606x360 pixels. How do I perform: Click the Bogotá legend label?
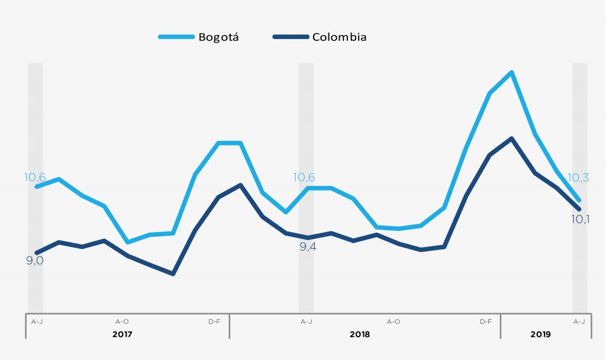(x=218, y=37)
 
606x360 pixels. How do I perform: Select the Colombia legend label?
(x=339, y=37)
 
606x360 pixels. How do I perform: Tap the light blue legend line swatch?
(x=176, y=37)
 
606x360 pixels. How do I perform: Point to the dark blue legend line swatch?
(x=291, y=37)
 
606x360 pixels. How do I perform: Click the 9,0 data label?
(x=35, y=260)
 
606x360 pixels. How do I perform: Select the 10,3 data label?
(x=578, y=178)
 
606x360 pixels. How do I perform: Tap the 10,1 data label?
(x=579, y=219)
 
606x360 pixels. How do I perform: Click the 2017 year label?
(x=123, y=334)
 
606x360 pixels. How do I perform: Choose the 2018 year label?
(x=360, y=334)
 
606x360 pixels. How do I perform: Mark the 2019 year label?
(x=541, y=334)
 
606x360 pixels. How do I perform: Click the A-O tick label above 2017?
(x=122, y=322)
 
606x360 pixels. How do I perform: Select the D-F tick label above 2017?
(x=214, y=322)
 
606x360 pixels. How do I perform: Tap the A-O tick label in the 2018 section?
(x=394, y=322)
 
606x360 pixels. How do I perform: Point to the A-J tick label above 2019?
(x=579, y=322)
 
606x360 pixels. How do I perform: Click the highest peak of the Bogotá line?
(x=511, y=72)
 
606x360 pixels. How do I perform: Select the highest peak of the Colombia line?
(x=511, y=139)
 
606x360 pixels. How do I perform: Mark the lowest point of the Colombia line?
(x=173, y=274)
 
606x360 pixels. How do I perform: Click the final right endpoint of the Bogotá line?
(x=579, y=200)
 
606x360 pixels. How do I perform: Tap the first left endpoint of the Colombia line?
(x=36, y=253)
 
